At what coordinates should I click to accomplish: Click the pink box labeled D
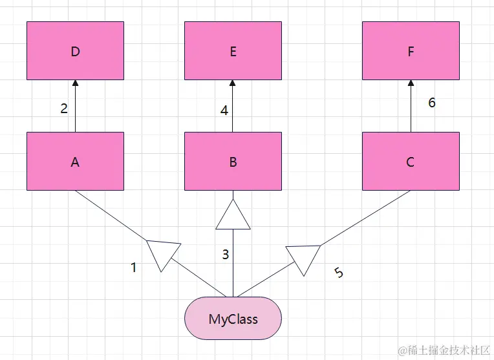(x=75, y=50)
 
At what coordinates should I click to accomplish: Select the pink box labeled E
(x=233, y=50)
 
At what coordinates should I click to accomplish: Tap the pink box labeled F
(x=411, y=50)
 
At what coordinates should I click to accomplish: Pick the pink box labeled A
(x=75, y=162)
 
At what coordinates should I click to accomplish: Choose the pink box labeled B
(x=233, y=162)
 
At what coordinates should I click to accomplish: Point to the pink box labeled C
(x=411, y=162)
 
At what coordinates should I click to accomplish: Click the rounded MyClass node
(x=233, y=318)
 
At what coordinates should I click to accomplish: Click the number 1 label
(x=134, y=268)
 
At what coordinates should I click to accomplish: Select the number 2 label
(x=64, y=109)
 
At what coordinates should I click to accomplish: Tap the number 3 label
(x=225, y=255)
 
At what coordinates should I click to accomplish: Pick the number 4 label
(x=224, y=111)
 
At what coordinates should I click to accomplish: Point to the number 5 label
(x=339, y=273)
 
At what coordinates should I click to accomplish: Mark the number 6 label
(x=432, y=103)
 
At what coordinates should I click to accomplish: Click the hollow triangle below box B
(x=233, y=217)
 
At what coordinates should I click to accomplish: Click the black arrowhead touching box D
(x=75, y=83)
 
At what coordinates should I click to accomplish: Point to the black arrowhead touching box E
(x=233, y=83)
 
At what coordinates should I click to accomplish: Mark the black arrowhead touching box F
(x=411, y=83)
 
